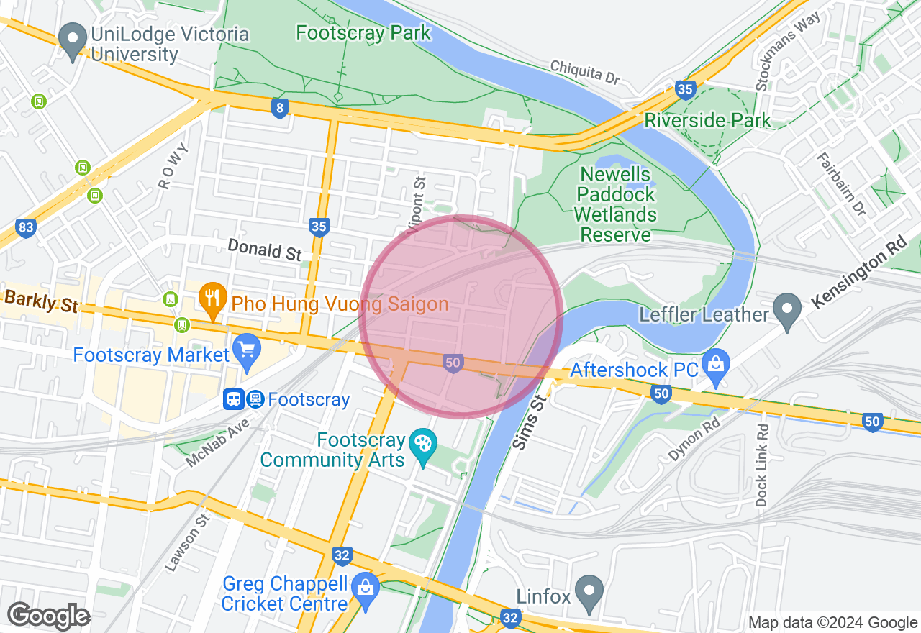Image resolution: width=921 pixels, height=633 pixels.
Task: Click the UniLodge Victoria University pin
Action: point(72,42)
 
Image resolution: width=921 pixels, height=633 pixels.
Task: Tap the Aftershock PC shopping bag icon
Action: point(715,362)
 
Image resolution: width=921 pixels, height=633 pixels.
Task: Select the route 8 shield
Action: point(280,109)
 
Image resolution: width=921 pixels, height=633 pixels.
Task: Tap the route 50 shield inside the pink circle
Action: point(452,363)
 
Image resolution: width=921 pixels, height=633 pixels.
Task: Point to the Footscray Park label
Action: point(363,32)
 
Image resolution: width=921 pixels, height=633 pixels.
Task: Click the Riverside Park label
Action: point(707,120)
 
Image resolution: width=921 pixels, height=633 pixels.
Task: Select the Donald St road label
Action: point(264,250)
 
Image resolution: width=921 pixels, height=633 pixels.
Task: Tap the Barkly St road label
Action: point(40,301)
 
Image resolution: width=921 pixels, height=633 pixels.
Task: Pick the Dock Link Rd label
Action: point(762,465)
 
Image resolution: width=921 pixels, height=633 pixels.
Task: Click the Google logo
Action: point(48,616)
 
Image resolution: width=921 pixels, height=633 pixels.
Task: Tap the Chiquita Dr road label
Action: point(584,73)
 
